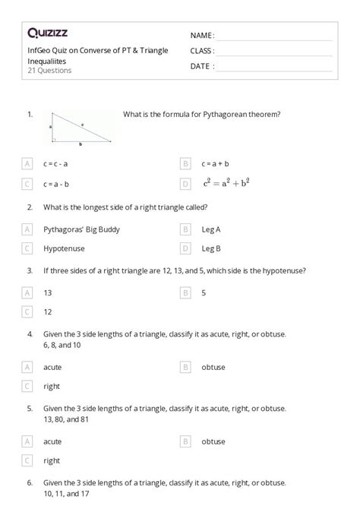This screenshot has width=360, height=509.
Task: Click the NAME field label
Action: [x=202, y=36]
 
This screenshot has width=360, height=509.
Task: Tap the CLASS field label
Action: [x=202, y=51]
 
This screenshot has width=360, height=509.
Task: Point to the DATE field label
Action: [x=202, y=66]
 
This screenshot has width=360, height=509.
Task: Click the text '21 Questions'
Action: [x=49, y=71]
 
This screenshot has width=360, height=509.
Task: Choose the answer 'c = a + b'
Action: [x=216, y=163]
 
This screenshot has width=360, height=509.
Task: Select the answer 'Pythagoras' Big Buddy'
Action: [x=81, y=229]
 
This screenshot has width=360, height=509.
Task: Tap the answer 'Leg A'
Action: [x=212, y=229]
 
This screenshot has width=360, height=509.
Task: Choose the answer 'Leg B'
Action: [x=212, y=248]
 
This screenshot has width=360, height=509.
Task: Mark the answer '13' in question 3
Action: [x=48, y=292]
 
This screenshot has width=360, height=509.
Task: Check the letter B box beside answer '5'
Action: [x=185, y=292]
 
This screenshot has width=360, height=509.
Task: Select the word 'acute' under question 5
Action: [x=53, y=441]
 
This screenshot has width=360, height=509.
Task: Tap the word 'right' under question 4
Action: [x=52, y=386]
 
